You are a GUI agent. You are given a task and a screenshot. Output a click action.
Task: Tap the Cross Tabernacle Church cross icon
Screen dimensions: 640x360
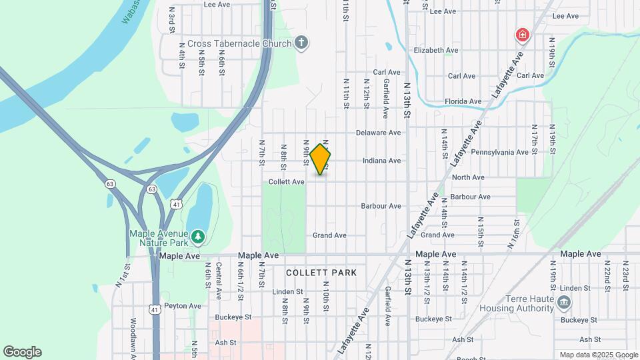pos(301,43)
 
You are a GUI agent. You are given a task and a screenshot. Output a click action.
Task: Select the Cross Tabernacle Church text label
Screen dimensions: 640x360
pos(239,44)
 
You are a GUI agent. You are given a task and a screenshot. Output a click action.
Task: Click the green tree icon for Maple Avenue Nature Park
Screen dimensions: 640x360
pos(197,237)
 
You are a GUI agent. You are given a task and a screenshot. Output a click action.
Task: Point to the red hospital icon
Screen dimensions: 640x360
pos(522,35)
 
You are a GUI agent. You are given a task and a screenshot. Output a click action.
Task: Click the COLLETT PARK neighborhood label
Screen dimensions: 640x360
pos(321,273)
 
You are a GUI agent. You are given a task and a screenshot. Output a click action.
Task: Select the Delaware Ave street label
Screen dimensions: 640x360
pos(378,133)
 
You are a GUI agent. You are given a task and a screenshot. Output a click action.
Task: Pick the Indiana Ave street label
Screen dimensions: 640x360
pos(381,161)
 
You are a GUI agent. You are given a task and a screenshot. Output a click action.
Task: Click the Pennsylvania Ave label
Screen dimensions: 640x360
pos(499,152)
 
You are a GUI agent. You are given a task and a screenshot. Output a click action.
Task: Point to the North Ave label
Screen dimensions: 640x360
pos(468,177)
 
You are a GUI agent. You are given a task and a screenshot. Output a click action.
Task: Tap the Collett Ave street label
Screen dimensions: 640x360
pos(287,182)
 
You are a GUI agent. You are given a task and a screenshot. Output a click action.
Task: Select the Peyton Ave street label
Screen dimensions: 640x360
pos(182,306)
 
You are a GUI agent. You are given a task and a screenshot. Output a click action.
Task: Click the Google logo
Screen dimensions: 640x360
pos(22,352)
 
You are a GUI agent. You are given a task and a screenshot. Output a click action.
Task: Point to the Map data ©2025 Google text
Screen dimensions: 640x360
pos(599,355)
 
